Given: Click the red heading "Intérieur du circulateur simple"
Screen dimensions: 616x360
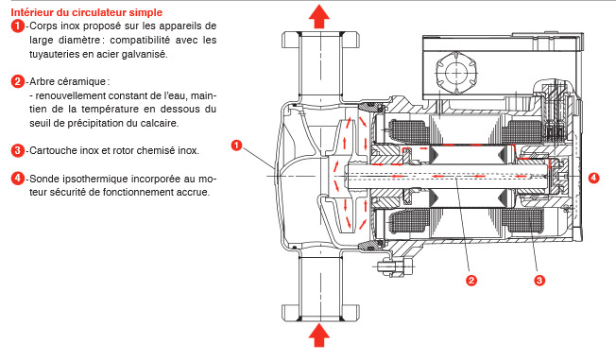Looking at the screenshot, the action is tap(86, 12).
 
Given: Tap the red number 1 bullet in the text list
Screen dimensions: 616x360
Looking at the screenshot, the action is tap(18, 26).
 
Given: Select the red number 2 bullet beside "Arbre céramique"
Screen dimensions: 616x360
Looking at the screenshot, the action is tap(18, 82).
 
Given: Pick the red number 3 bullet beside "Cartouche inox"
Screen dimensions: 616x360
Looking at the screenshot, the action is tap(18, 150).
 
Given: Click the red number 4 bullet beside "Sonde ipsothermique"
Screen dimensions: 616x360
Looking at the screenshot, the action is tap(18, 179).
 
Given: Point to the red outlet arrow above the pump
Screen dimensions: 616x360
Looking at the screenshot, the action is tap(319, 16).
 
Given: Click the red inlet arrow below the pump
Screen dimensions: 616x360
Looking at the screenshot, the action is tap(319, 334).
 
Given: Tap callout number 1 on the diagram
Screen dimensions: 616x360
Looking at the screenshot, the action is tap(236, 146).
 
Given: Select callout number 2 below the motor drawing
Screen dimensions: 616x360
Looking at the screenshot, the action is tap(471, 281).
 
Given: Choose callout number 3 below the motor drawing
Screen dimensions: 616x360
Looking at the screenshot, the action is tap(539, 281).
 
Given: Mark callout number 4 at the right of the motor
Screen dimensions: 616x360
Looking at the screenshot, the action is tap(593, 178).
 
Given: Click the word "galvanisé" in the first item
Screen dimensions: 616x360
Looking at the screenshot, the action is tap(145, 54).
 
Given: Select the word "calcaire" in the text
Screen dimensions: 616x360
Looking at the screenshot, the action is tap(160, 123).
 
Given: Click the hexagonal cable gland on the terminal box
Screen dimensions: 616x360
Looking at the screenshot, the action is tap(456, 73).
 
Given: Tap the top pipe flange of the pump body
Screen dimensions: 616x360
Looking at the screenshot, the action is tap(320, 40).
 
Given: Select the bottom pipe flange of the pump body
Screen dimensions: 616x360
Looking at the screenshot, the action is tap(320, 313).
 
